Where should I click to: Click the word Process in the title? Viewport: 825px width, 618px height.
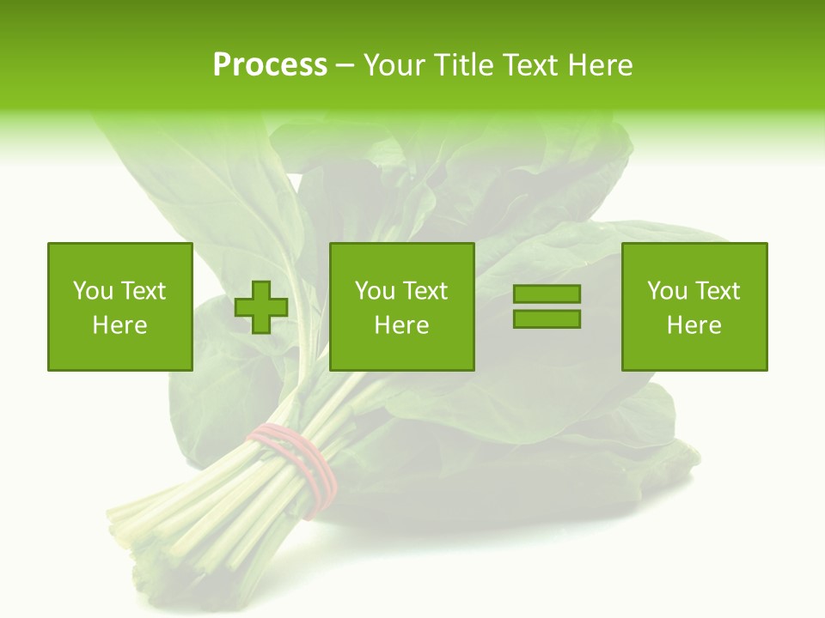point(270,65)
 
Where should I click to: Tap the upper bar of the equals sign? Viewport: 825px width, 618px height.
point(547,294)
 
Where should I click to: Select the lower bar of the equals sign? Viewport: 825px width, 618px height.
point(547,318)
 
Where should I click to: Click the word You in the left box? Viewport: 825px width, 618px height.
point(93,291)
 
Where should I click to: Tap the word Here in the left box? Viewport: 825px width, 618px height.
point(119,325)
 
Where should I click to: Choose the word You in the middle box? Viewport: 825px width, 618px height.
point(375,291)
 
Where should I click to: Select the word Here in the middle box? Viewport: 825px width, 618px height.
point(401,325)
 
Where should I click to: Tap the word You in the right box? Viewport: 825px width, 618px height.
point(667,291)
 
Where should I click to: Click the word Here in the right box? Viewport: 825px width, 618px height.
point(694,325)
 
